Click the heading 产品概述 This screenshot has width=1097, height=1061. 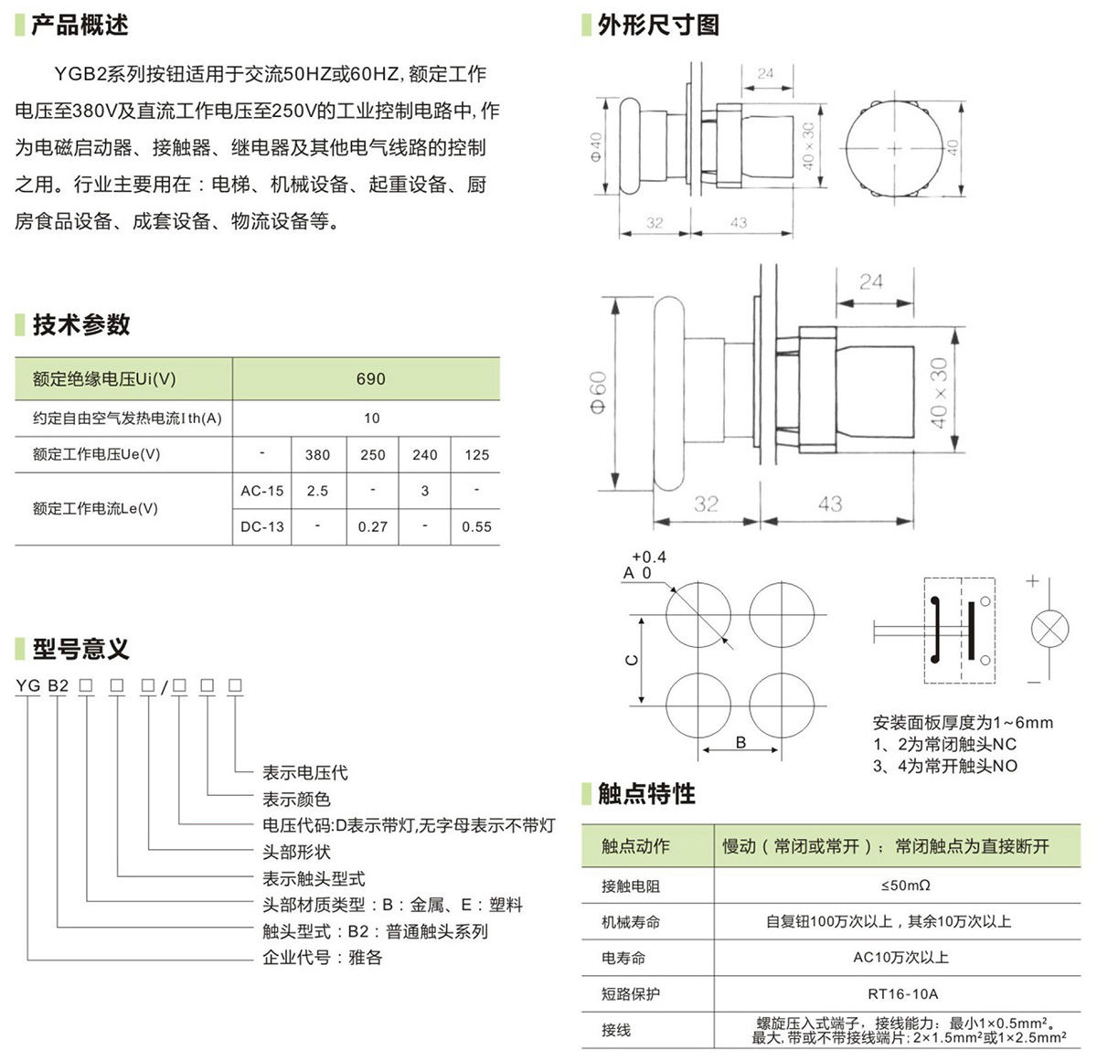pos(80,25)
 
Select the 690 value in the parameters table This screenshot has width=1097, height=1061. pos(370,378)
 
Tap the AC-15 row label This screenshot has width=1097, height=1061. pos(262,491)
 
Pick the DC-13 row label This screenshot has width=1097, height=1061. pos(262,526)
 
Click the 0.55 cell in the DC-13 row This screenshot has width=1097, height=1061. pos(476,526)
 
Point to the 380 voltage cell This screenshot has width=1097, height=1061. pos(317,454)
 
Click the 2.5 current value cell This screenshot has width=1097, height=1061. pos(317,491)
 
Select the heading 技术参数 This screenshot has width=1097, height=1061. pos(81,324)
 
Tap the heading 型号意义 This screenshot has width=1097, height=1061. pos(81,649)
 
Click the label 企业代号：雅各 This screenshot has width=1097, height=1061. pos(322,958)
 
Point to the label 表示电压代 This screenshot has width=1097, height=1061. pos(304,772)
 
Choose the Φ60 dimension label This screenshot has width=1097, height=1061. pos(598,392)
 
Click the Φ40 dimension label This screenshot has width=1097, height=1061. pos(596,146)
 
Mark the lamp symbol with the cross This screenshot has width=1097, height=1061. pos(1049,630)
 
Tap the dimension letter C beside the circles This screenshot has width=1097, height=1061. pos(631,660)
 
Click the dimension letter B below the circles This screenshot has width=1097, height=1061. pos(740,742)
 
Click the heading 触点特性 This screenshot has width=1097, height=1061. pos(646,793)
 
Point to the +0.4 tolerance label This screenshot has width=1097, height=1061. pos(648,557)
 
